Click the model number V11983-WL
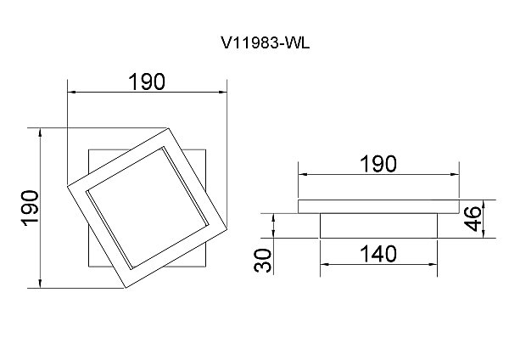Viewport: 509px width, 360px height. pos(266,42)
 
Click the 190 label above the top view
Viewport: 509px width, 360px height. pos(147,82)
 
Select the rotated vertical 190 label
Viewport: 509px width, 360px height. pos(30,208)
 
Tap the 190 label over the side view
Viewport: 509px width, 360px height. pos(378,164)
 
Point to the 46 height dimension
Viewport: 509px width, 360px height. pos(473,218)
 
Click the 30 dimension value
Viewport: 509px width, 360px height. pos(262,261)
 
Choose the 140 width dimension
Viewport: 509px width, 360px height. pos(378,254)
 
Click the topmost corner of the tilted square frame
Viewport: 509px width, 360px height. pos(169,128)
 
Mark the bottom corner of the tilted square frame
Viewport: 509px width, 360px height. pos(126,288)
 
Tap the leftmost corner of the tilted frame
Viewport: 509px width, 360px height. pos(67,186)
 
